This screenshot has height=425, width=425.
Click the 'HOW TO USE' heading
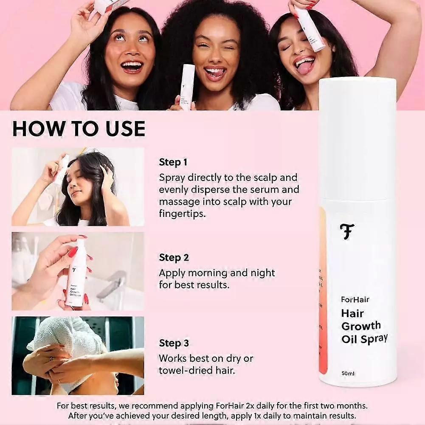tap(79, 129)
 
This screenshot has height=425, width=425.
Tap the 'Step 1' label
tap(173, 162)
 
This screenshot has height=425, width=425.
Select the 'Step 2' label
tap(174, 258)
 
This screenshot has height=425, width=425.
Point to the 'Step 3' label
tap(174, 343)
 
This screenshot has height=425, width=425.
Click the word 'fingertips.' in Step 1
tap(182, 214)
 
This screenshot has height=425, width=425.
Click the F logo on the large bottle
tap(347, 231)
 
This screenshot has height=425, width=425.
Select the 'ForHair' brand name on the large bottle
tap(355, 299)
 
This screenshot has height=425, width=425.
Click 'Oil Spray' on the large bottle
tap(364, 338)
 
